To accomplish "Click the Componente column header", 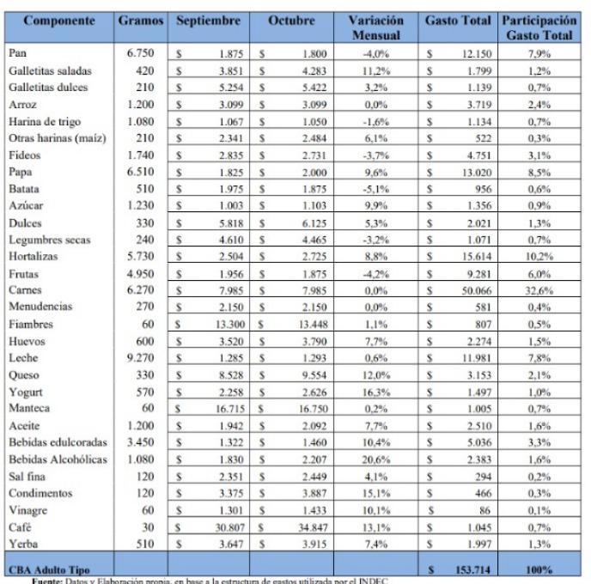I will click(58, 20).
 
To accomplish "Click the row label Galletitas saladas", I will click(51, 70).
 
